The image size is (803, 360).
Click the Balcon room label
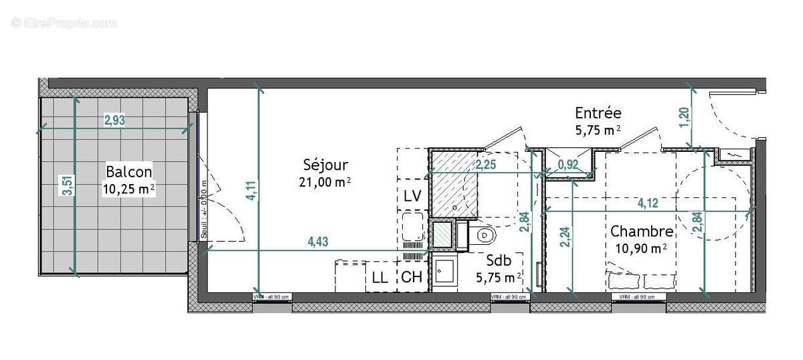[128, 171]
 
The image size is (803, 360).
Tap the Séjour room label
[326, 165]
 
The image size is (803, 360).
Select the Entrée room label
[598, 113]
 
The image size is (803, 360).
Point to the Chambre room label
[641, 232]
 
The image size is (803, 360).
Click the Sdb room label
[499, 260]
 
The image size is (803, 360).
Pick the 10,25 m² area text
[128, 189]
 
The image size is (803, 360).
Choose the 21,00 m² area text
[326, 181]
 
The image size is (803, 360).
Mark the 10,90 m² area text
[640, 249]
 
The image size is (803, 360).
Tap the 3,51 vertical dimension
[66, 185]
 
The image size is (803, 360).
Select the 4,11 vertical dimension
[251, 188]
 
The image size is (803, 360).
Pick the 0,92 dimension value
[568, 163]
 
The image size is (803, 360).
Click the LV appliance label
[412, 196]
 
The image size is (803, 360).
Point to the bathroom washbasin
[443, 272]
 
